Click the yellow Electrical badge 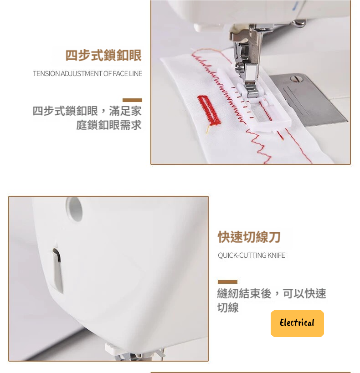point(297,323)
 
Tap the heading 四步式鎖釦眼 point(103,55)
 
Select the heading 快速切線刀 point(249,237)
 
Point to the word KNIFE point(276,255)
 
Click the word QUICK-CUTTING point(242,255)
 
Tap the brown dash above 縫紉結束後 point(227,282)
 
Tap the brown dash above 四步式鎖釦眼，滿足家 point(133,100)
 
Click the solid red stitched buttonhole point(209,110)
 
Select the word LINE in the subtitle point(136,74)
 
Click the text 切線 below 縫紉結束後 point(228,307)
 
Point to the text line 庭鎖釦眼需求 point(109,125)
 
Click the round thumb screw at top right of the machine point(299,23)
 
